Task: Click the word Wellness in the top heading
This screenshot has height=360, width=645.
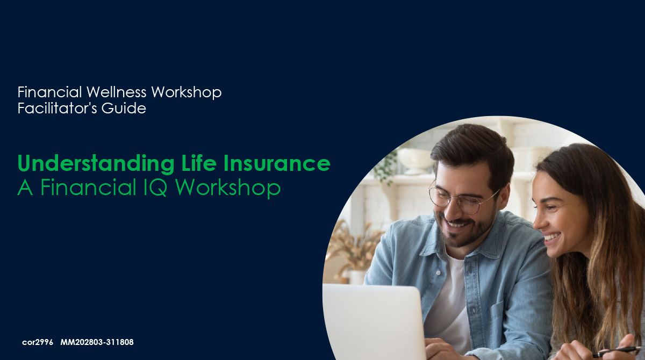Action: click(x=116, y=92)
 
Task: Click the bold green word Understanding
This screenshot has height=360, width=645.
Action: click(x=96, y=163)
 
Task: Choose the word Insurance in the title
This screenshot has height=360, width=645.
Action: click(x=277, y=163)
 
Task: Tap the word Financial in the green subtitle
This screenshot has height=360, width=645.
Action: click(x=88, y=187)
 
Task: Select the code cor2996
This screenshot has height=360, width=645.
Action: click(x=38, y=342)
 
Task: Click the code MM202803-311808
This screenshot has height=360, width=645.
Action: click(x=97, y=342)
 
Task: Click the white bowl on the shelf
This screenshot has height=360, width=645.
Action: click(x=414, y=160)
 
